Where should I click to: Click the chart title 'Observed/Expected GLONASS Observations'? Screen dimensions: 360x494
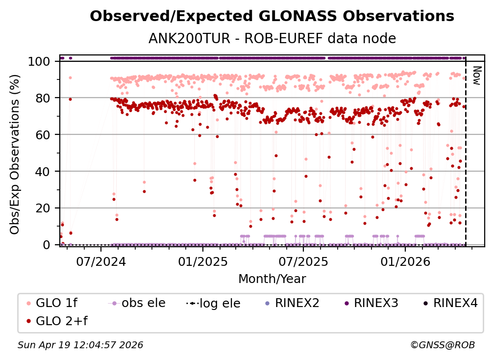coord(272,16)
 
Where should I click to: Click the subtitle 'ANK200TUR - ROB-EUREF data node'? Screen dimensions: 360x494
coord(272,38)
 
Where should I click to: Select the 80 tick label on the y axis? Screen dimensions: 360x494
coord(44,98)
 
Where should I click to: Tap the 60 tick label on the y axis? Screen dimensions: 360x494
coord(44,134)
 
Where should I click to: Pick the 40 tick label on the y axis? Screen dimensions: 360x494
coord(44,171)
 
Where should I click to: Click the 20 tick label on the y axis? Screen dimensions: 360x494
coord(44,208)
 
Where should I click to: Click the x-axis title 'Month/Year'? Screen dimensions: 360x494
coord(272,279)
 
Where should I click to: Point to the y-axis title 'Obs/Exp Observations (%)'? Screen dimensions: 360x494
coord(15,153)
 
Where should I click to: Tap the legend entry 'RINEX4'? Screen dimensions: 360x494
coord(455,303)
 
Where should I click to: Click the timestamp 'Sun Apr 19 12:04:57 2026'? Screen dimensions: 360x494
coord(80,345)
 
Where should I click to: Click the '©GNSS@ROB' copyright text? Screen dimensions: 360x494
coord(442,345)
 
